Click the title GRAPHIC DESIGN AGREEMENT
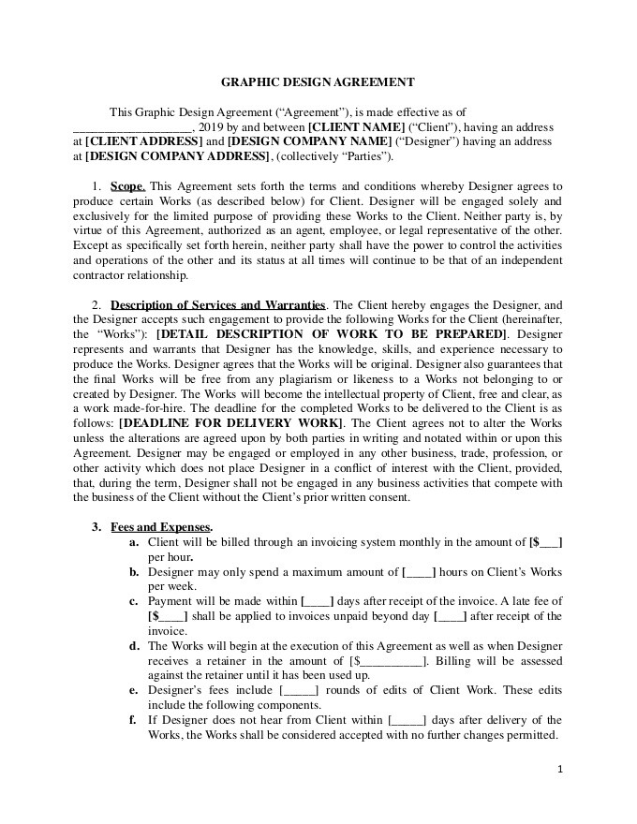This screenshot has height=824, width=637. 318,82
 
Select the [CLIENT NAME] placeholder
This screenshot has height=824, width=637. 356,126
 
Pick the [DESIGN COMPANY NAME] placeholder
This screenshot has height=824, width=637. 310,140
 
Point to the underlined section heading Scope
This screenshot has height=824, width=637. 127,186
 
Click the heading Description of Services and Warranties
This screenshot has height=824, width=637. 218,304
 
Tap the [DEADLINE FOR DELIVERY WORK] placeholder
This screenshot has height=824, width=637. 231,423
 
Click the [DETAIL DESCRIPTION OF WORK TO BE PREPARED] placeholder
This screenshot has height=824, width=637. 333,333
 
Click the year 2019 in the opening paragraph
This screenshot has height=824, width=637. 210,126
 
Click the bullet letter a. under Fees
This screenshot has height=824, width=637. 135,542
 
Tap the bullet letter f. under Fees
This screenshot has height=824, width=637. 135,720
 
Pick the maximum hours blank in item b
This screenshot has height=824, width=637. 418,571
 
